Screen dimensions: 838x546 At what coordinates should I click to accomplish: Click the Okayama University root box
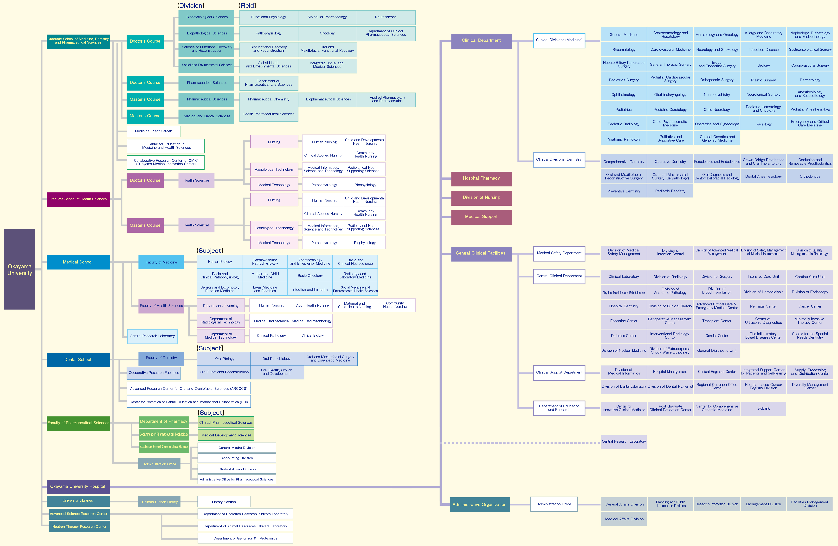[x=20, y=270]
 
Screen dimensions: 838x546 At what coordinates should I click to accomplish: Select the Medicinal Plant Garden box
[x=154, y=131]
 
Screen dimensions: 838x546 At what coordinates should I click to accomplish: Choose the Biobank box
[x=763, y=409]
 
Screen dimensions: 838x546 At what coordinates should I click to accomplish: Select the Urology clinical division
[x=763, y=65]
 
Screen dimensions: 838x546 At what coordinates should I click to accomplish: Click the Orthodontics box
[x=810, y=177]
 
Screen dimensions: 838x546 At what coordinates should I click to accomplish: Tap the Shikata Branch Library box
[x=160, y=502]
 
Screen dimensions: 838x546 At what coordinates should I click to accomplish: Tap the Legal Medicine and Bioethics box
[x=265, y=289]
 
